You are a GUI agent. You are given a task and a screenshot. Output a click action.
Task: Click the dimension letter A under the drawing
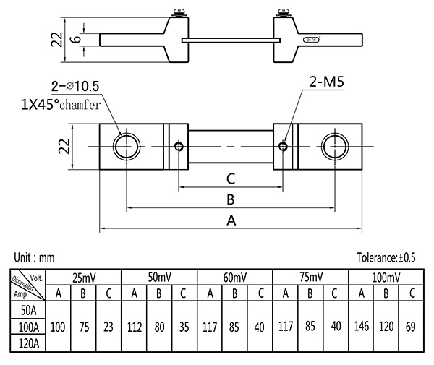231,221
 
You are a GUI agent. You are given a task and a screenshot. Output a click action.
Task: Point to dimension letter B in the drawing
230,199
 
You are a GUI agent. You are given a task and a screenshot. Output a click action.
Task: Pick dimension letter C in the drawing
230,178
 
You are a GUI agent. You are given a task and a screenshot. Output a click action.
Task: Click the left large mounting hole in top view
127,147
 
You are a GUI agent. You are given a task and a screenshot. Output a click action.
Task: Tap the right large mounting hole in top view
336,147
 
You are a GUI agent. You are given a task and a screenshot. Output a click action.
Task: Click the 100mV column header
386,278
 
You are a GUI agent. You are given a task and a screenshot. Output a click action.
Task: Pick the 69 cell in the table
411,327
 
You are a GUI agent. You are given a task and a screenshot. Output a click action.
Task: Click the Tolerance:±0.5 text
387,257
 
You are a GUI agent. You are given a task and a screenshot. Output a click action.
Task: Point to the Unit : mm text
34,257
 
